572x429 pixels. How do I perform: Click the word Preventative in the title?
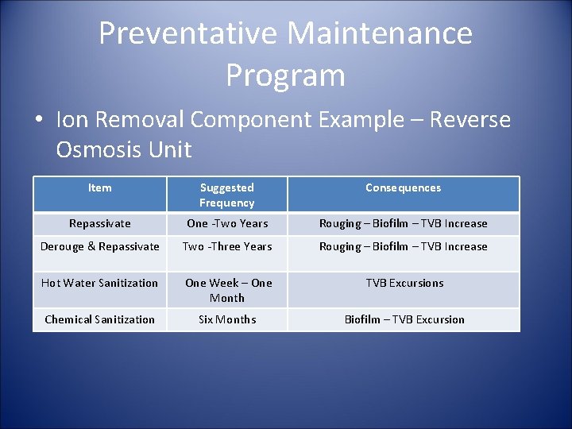pyautogui.click(x=188, y=33)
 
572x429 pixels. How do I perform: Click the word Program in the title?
pyautogui.click(x=285, y=75)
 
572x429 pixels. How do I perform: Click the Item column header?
pyautogui.click(x=99, y=187)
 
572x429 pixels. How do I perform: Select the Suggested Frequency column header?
pyautogui.click(x=226, y=195)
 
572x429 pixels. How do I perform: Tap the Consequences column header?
pyautogui.click(x=403, y=187)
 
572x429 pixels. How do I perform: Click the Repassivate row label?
pyautogui.click(x=99, y=223)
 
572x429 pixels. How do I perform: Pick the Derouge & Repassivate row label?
pyautogui.click(x=99, y=246)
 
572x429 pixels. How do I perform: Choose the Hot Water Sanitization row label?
pyautogui.click(x=99, y=283)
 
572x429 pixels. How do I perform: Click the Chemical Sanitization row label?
pyautogui.click(x=99, y=319)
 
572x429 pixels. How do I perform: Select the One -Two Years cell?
pyautogui.click(x=226, y=223)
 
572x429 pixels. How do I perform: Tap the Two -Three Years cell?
pyautogui.click(x=226, y=246)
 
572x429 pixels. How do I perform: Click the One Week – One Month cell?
pyautogui.click(x=226, y=290)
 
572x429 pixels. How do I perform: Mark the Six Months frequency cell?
pyautogui.click(x=226, y=319)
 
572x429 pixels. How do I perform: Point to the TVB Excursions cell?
pyautogui.click(x=404, y=283)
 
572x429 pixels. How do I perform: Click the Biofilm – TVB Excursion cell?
pyautogui.click(x=404, y=319)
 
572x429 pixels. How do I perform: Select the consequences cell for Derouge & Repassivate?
pyautogui.click(x=404, y=246)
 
